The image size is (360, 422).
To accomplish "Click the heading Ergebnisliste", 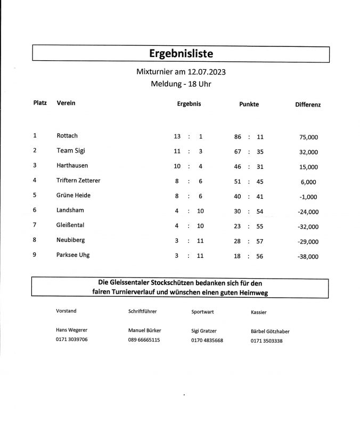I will [182, 53].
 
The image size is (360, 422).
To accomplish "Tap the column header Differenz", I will [308, 105].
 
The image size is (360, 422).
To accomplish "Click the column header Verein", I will [66, 103].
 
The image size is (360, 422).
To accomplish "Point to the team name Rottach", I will [67, 136].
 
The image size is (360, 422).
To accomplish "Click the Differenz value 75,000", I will [309, 137].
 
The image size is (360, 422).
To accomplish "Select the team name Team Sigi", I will [71, 151].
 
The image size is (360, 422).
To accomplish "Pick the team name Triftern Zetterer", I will [78, 181].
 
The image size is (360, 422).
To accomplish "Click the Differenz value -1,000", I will [308, 197].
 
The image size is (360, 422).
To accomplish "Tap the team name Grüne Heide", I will [73, 196].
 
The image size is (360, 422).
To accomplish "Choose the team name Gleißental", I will [71, 225].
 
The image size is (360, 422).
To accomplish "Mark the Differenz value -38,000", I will [307, 256].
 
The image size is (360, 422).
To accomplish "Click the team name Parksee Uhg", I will [73, 255].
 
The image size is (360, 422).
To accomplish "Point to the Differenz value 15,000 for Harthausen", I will [309, 167].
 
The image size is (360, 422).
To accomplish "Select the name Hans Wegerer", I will [71, 330].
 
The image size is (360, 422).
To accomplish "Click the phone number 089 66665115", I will [144, 339].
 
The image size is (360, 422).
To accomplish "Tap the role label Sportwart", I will [202, 312].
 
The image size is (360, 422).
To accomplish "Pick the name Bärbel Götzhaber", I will [270, 331].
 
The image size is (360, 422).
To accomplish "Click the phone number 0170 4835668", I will [207, 340].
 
